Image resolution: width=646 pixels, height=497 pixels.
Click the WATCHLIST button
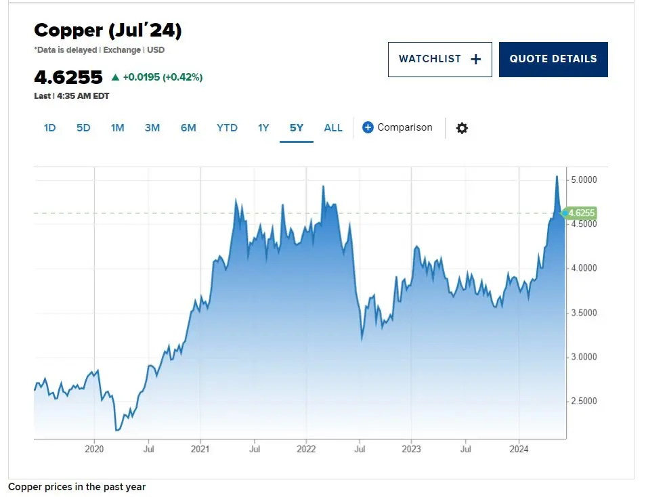pyautogui.click(x=439, y=60)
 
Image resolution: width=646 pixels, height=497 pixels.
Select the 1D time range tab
pyautogui.click(x=49, y=127)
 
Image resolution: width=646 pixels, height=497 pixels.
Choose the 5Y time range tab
pyautogui.click(x=297, y=127)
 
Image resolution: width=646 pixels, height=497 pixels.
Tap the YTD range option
pyautogui.click(x=227, y=127)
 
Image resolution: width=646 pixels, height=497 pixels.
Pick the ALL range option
pyautogui.click(x=333, y=127)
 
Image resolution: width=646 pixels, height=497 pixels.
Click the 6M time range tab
pyautogui.click(x=188, y=127)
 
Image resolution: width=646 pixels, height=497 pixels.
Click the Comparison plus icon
pyautogui.click(x=368, y=127)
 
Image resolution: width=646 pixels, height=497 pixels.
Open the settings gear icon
pyautogui.click(x=462, y=128)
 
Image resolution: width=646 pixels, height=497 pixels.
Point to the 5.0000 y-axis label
pyautogui.click(x=583, y=180)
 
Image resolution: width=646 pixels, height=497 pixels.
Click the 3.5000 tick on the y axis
pyautogui.click(x=583, y=313)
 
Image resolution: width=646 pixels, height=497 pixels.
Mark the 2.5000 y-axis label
pyautogui.click(x=583, y=402)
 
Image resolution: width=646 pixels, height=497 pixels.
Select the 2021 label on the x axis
pyautogui.click(x=200, y=448)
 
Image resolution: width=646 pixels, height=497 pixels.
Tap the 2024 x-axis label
pyautogui.click(x=519, y=448)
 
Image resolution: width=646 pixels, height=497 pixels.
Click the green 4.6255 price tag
pyautogui.click(x=581, y=213)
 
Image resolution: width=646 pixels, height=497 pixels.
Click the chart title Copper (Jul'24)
pyautogui.click(x=108, y=30)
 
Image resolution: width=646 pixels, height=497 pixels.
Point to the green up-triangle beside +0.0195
pyautogui.click(x=115, y=77)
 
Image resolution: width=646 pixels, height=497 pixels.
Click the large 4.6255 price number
pyautogui.click(x=68, y=77)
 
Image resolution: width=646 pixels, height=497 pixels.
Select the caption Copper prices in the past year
pyautogui.click(x=77, y=487)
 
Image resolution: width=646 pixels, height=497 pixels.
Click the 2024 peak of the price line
pyautogui.click(x=557, y=176)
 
